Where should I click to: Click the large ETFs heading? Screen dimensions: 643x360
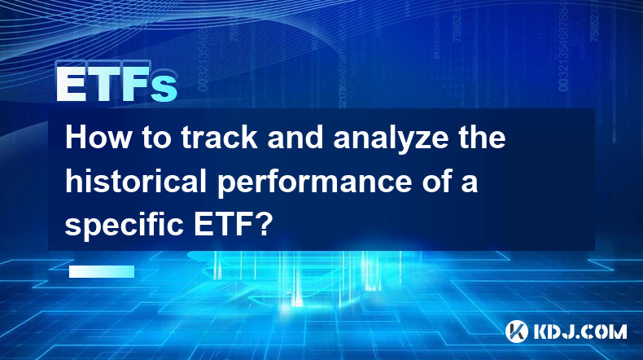[x=117, y=83]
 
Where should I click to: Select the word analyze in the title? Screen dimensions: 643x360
[x=391, y=139]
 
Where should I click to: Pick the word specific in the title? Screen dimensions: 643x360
[x=124, y=225]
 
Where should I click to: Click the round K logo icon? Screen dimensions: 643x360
[x=516, y=331]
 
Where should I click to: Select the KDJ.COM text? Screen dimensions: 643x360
[x=580, y=331]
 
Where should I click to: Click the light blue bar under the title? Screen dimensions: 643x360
[x=102, y=271]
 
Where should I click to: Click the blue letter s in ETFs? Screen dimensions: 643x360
[x=164, y=89]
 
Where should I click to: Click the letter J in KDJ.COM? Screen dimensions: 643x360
[x=567, y=331]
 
